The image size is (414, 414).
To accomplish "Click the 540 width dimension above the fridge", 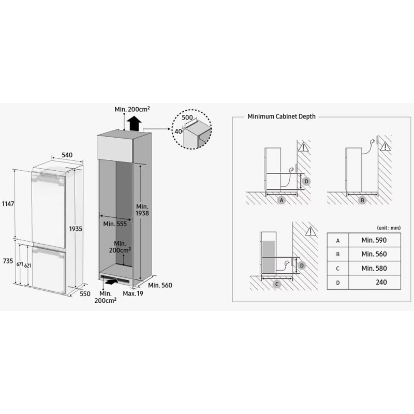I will point(67,155).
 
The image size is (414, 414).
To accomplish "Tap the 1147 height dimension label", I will point(8,204).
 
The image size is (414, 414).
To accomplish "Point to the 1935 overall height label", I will point(76,228).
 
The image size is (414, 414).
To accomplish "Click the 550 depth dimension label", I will point(85,294).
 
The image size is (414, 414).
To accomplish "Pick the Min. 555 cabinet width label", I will point(114,224).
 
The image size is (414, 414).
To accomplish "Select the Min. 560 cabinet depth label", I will point(160,285).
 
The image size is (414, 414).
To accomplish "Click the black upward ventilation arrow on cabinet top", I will point(134,124).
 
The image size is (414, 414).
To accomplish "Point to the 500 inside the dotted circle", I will point(187,118).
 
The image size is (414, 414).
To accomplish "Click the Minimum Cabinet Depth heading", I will point(282,117).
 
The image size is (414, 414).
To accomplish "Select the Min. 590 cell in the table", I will point(374,240).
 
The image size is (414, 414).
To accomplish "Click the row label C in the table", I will point(338,269).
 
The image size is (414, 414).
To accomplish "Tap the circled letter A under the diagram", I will point(282,200).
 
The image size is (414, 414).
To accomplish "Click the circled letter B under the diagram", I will point(362,200).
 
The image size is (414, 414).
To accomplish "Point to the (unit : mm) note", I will point(389,228).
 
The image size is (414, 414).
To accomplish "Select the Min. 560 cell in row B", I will point(374,254).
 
